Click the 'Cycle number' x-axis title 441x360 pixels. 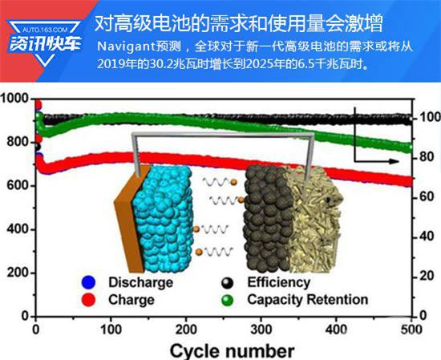pos(233,350)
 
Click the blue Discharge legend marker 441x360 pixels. pos(88,282)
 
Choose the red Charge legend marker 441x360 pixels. pos(88,300)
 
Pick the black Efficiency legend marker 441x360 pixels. pos(227,283)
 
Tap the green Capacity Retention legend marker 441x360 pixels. pos(227,300)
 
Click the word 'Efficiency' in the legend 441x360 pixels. pos(279,282)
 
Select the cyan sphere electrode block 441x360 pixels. pos(163,220)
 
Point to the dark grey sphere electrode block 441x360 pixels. pos(267,220)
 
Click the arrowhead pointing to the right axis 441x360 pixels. pos(394,161)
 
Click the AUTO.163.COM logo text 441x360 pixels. pos(45,29)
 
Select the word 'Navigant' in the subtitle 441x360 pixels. pos(126,47)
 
